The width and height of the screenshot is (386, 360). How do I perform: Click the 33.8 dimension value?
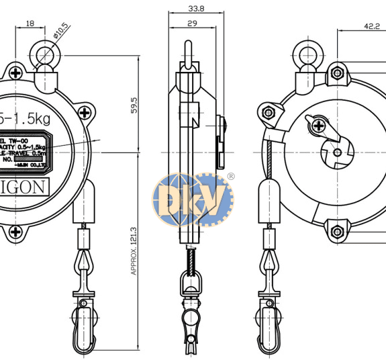(x=178, y=9)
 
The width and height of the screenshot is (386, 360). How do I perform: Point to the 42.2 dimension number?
(x=371, y=27)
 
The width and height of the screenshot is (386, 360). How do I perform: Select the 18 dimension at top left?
(x=30, y=24)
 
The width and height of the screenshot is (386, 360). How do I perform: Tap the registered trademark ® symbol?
(x=231, y=176)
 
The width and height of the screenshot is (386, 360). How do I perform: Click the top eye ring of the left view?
(x=45, y=53)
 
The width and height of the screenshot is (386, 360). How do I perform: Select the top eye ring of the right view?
(x=310, y=53)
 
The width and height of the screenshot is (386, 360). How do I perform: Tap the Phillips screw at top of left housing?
(x=15, y=73)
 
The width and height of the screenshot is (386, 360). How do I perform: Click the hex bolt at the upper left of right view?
(x=269, y=111)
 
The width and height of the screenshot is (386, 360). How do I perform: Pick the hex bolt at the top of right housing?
(x=336, y=73)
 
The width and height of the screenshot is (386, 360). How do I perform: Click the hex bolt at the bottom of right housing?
(x=336, y=232)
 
